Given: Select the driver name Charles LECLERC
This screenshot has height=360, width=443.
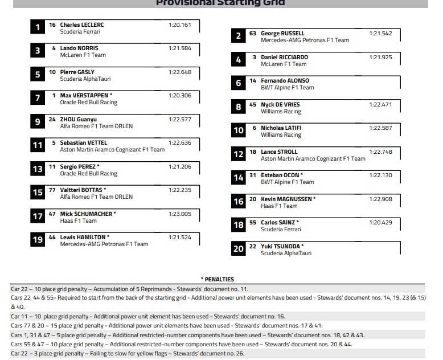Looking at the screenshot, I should click(x=82, y=25).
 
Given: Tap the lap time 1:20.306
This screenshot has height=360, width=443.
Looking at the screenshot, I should click(x=180, y=96).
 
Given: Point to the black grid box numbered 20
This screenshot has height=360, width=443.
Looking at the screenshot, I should click(x=238, y=249).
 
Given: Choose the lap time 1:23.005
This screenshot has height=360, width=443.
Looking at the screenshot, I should click(x=180, y=214).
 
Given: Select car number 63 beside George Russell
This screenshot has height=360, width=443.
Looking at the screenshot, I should click(x=253, y=34).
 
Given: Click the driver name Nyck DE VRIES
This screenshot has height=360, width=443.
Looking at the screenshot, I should click(x=280, y=105).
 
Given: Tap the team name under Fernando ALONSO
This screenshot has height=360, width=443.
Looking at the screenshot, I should click(x=287, y=88).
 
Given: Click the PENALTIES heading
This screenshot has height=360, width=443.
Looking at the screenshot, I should click(x=218, y=280).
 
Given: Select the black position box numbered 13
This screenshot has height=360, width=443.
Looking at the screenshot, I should click(x=38, y=169).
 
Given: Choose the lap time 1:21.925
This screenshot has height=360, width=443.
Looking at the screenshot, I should click(x=380, y=58).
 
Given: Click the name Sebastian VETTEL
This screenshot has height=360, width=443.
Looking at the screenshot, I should click(x=84, y=143).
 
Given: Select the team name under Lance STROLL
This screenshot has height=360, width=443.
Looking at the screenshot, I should click(x=313, y=159).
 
